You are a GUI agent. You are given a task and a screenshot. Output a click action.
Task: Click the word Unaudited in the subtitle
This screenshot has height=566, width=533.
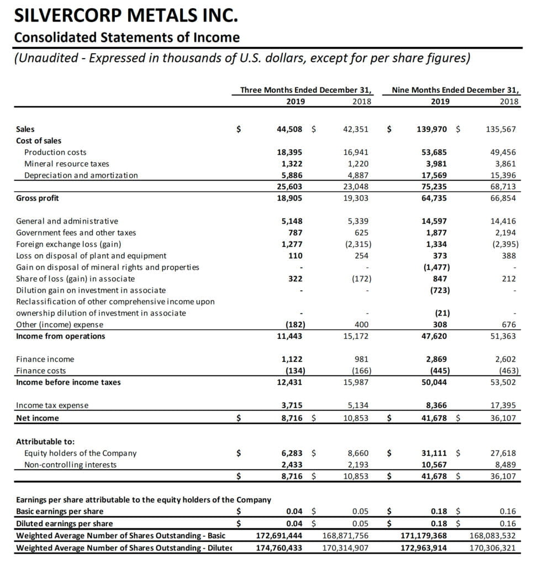48,58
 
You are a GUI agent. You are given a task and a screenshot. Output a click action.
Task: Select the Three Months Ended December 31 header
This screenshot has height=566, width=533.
305,90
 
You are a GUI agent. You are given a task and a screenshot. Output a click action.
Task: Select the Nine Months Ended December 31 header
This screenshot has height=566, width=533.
456,90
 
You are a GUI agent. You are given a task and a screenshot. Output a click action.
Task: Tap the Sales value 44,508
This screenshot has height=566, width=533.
289,129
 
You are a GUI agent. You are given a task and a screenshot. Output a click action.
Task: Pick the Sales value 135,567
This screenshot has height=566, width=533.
501,129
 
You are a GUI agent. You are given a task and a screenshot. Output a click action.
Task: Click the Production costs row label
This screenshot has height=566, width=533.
55,152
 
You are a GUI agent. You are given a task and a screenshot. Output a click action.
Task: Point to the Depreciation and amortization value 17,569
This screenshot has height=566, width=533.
434,175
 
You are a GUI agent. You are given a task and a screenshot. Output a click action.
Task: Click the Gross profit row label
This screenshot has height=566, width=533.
38,198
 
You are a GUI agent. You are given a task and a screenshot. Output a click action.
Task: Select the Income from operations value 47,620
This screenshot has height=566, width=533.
434,336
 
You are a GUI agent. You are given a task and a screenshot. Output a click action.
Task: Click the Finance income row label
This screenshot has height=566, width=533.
45,359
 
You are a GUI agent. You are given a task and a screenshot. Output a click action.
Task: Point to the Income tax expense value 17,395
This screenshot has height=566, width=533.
503,406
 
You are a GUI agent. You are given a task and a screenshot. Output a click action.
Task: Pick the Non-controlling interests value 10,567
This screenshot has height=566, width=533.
434,464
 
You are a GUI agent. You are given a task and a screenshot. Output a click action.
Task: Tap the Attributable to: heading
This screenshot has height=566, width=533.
45,442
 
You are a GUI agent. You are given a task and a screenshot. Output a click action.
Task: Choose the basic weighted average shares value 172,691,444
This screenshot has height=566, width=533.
279,536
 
